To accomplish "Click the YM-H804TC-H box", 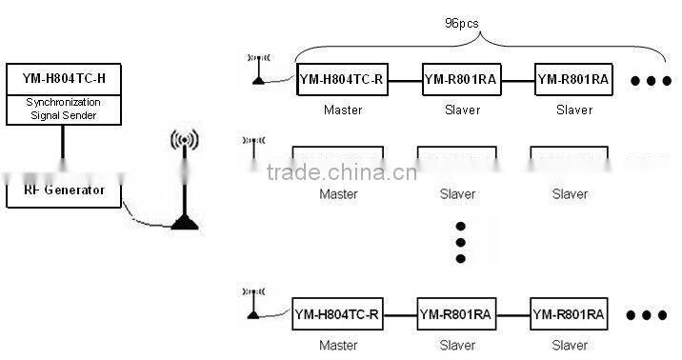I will click(64, 79).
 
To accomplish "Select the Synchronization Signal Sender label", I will click(64, 109).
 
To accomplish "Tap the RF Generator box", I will click(65, 192).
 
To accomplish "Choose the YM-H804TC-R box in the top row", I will click(341, 79).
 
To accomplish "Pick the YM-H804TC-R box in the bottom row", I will click(337, 315).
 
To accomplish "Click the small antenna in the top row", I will click(258, 70).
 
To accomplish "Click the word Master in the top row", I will click(341, 110).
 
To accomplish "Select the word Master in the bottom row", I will click(338, 345).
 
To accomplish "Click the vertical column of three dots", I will click(461, 242).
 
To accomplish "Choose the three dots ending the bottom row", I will click(648, 315).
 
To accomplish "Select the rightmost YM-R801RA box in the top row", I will click(572, 79).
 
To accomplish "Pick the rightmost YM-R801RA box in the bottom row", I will click(569, 315).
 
